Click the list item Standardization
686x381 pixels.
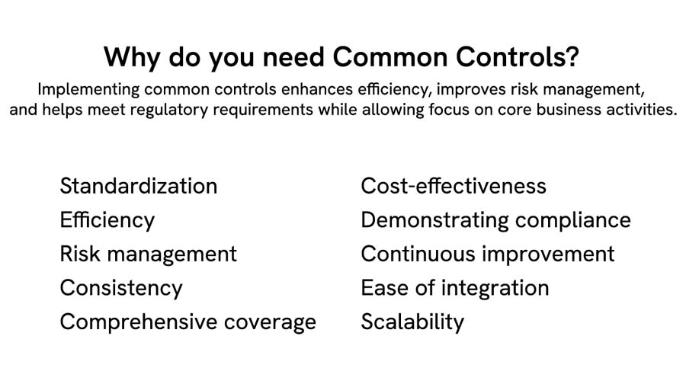(x=138, y=186)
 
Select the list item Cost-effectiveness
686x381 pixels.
(x=454, y=186)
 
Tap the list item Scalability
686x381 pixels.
(x=412, y=322)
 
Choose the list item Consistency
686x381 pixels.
(x=121, y=288)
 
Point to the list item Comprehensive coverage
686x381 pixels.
(x=188, y=322)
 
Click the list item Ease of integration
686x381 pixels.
(x=454, y=288)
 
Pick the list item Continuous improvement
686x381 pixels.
(x=487, y=254)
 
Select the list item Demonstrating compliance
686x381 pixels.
(x=495, y=220)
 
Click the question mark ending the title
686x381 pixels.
(x=573, y=57)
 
